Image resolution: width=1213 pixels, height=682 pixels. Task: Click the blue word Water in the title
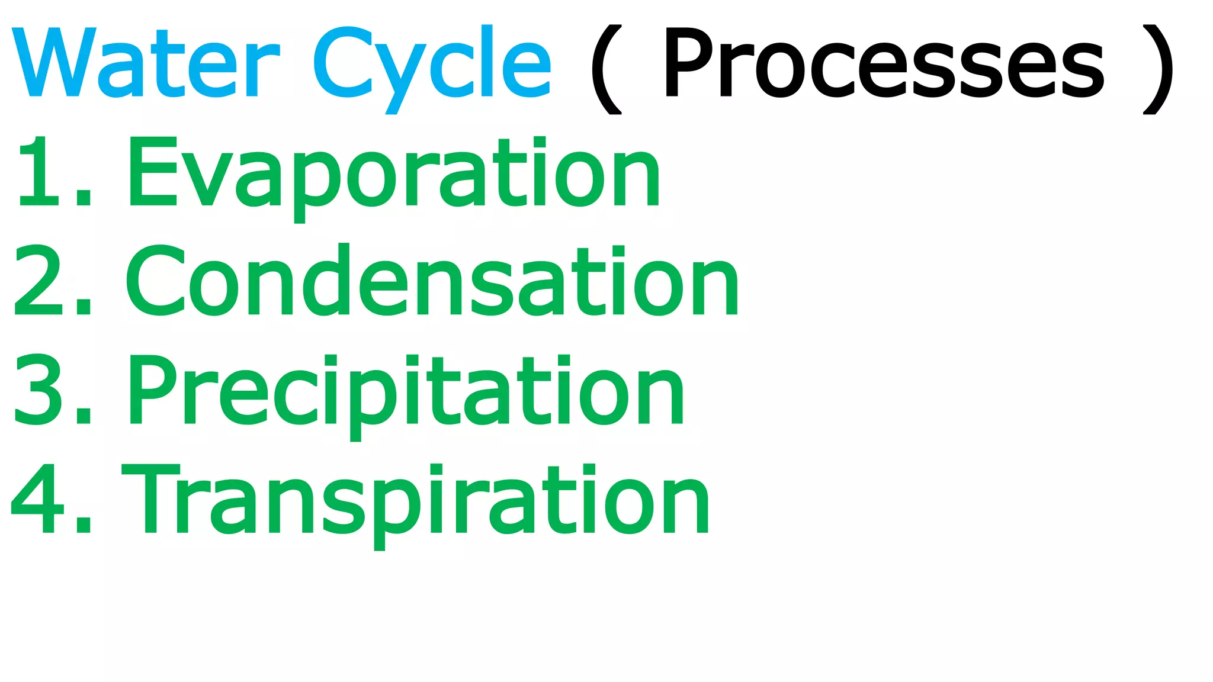[145, 62]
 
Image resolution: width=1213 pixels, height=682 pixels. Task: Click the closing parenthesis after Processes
[1159, 69]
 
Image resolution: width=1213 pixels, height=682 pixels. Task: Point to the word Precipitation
[406, 391]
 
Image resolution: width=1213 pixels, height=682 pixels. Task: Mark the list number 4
[38, 500]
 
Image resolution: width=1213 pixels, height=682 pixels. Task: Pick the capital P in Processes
[690, 62]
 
